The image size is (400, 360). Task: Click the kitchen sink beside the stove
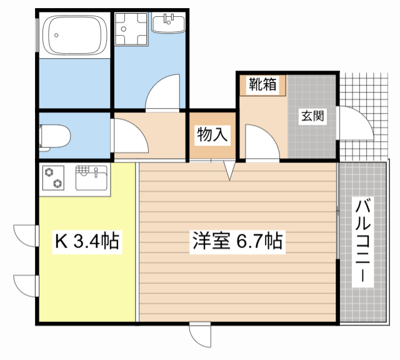tap(91, 177)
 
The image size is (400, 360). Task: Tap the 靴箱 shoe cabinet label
tap(262, 84)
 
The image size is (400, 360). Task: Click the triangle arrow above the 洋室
tap(229, 170)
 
